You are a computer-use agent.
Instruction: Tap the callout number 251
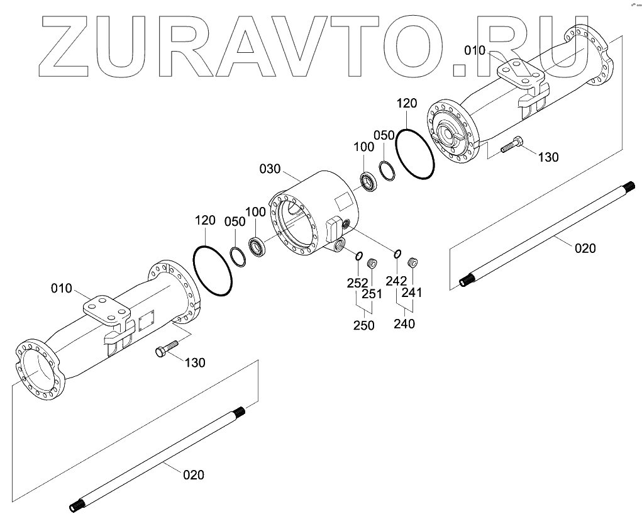coord(372,293)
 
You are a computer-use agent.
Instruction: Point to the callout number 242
coord(396,281)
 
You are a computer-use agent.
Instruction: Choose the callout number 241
coord(412,293)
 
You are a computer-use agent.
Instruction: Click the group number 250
coord(363,325)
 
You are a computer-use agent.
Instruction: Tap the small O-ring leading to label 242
coord(397,254)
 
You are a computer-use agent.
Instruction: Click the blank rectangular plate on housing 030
coord(345,202)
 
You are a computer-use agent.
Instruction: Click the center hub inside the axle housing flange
coord(449,133)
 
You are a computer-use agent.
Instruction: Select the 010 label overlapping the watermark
coord(475,51)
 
